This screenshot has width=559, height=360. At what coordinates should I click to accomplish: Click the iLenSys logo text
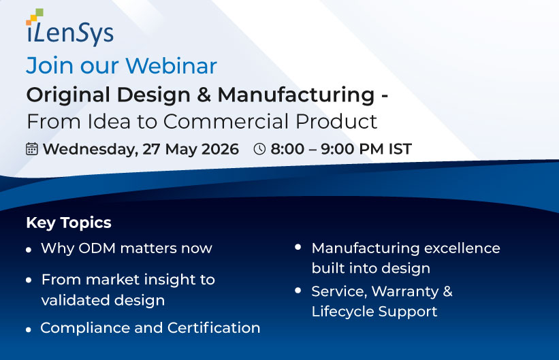70,34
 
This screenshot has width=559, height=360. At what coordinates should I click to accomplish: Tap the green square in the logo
39,12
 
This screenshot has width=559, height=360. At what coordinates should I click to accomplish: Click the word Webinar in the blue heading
171,65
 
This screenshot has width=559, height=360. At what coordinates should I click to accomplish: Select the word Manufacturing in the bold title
296,95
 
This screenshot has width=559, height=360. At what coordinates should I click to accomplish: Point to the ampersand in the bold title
204,95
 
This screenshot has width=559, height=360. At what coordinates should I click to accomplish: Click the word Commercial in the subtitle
225,122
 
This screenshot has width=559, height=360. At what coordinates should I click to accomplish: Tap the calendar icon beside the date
32,148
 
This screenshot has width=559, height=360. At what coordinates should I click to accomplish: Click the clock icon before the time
259,149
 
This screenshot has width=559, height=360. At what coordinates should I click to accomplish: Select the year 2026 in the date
220,149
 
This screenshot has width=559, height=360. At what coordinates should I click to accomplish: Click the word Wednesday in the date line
90,149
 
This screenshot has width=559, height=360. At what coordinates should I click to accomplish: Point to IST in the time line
400,149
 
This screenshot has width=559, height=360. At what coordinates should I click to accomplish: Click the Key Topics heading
69,223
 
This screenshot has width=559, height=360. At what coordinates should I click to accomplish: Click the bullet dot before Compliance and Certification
29,330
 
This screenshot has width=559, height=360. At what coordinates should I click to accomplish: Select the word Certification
214,328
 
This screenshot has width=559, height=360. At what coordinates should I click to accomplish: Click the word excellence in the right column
462,248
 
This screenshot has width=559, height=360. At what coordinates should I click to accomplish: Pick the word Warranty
405,291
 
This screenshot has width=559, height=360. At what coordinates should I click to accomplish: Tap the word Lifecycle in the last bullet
342,312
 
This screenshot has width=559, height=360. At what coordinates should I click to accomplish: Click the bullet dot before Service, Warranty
298,291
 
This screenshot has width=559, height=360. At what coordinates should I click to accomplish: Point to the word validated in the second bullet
75,300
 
